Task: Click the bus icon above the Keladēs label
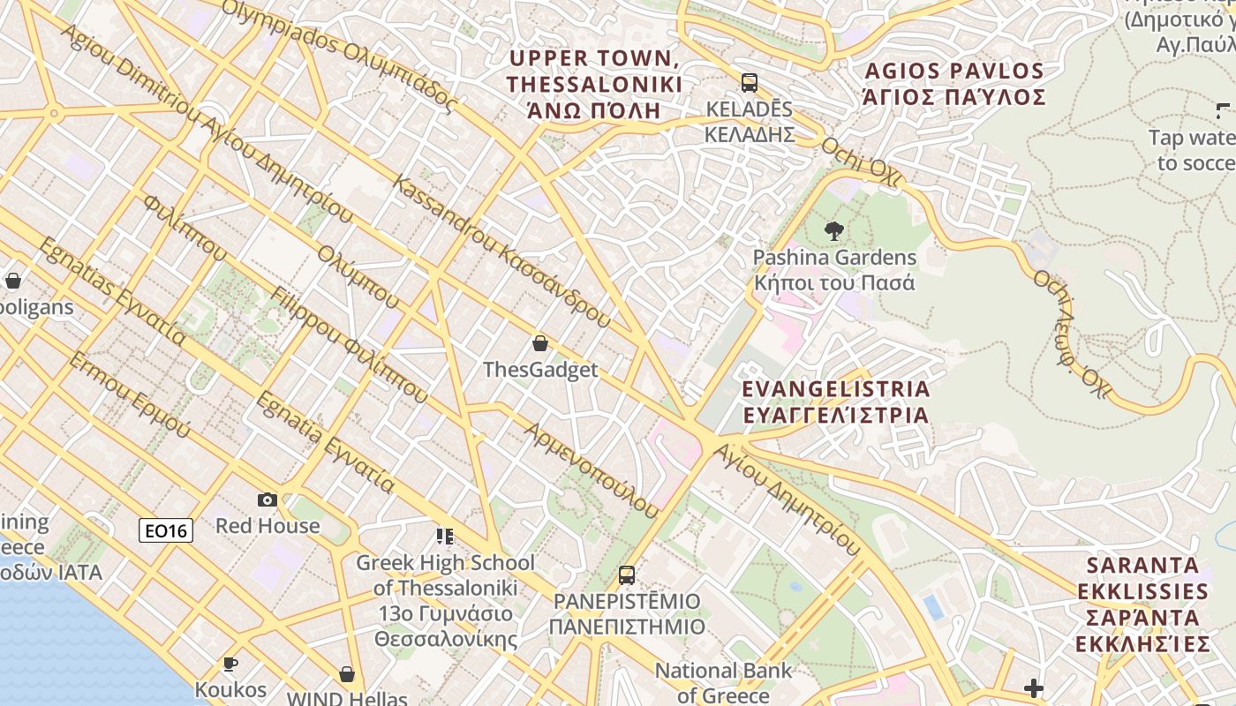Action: point(750,83)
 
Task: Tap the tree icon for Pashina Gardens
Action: point(833,231)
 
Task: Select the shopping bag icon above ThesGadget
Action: point(540,343)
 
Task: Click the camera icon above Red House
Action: point(268,500)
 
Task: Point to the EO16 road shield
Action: point(166,530)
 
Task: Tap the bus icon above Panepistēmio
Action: point(627,575)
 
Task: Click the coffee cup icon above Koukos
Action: point(230,664)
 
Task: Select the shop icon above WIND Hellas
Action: point(347,674)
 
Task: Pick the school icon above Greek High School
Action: point(445,537)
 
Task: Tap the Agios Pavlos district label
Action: point(954,84)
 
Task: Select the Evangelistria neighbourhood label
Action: point(835,402)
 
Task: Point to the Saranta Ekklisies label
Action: point(1143,605)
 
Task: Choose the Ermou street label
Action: point(129,395)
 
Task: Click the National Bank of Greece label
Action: point(723,682)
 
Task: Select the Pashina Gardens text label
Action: point(834,270)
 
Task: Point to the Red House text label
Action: point(268,526)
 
